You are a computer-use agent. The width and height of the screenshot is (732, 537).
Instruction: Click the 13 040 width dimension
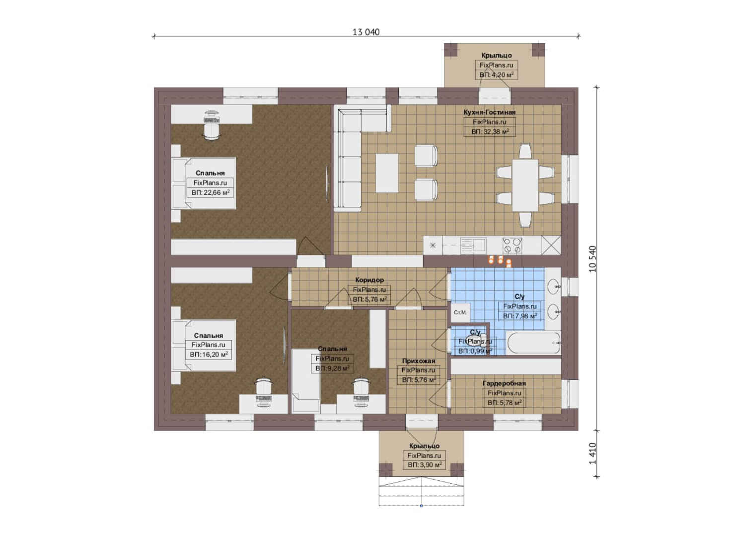click(366, 32)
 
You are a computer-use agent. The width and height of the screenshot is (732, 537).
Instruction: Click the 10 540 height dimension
click(592, 259)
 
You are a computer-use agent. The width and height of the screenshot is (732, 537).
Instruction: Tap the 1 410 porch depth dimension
click(592, 453)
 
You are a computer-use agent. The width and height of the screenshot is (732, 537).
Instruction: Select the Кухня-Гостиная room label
click(490, 112)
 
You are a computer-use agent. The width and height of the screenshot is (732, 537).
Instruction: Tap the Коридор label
click(369, 280)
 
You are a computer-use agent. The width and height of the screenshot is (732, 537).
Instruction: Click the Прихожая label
click(419, 360)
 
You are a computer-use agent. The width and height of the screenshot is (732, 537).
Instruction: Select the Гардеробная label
click(504, 383)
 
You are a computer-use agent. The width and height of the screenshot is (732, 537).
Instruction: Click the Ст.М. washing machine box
click(460, 313)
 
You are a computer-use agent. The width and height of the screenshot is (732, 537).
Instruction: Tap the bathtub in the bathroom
click(533, 343)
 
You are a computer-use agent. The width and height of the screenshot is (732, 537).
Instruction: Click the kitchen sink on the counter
click(473, 246)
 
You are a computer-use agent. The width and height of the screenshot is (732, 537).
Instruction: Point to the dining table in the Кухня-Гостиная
click(525, 185)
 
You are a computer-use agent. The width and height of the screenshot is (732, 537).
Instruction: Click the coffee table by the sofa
click(387, 173)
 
